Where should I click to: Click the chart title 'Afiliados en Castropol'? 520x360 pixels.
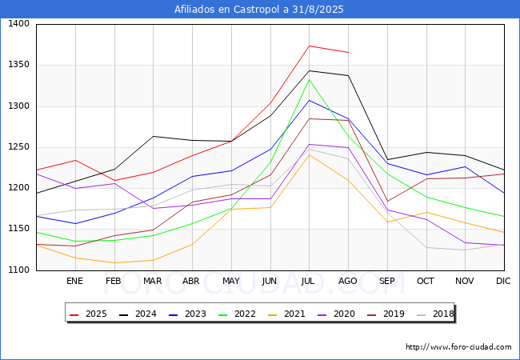coord(259,10)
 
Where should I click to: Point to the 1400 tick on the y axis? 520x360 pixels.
coord(18,24)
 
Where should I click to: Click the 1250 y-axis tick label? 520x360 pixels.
coord(18,147)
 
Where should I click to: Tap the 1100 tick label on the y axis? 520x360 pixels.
coord(18,270)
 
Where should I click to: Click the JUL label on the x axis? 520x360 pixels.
coord(309,281)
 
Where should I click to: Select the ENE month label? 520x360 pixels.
coord(74,281)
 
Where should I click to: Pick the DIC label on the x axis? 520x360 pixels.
coord(503,281)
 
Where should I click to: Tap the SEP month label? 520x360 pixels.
coord(386,281)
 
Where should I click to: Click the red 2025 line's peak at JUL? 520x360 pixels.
coord(309,46)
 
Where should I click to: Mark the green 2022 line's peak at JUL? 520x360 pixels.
coord(309,79)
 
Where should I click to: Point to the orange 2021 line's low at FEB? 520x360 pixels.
coord(114,262)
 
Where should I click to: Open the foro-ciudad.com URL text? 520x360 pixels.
coord(458,347)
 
